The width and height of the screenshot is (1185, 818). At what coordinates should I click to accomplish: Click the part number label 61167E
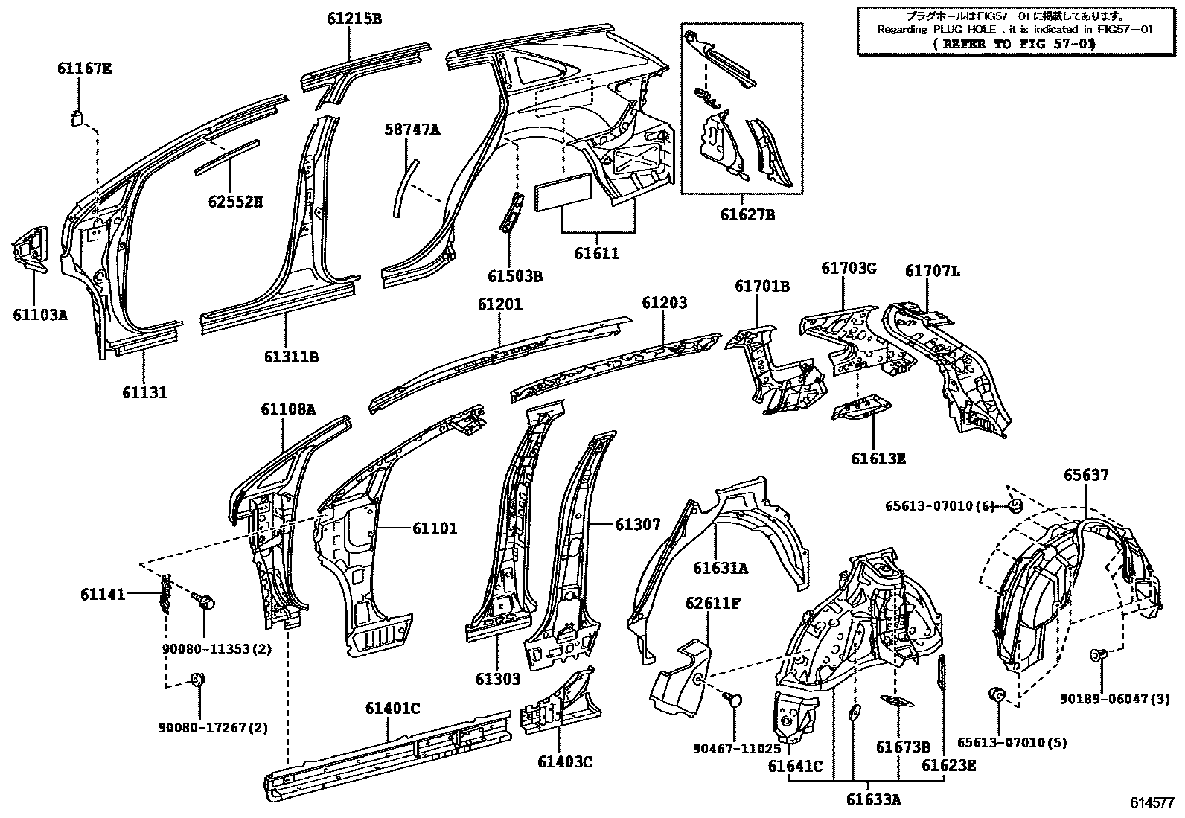84,69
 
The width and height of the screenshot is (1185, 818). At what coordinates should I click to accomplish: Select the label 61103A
40,314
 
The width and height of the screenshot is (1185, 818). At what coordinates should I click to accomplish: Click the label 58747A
412,130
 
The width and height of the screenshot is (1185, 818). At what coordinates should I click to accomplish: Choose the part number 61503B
515,276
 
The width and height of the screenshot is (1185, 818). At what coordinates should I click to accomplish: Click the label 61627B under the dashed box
747,215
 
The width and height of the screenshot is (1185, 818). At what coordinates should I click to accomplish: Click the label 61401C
392,708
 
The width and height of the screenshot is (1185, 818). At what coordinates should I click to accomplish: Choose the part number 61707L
932,272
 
